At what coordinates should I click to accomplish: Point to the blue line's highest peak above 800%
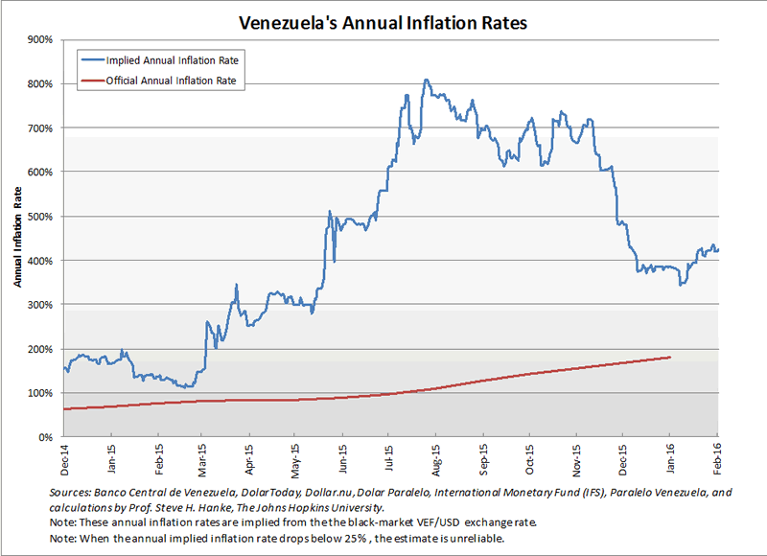[426, 81]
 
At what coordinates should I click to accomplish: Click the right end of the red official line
[670, 357]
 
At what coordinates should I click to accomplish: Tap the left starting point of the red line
[63, 409]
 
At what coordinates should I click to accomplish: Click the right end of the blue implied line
[719, 250]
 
